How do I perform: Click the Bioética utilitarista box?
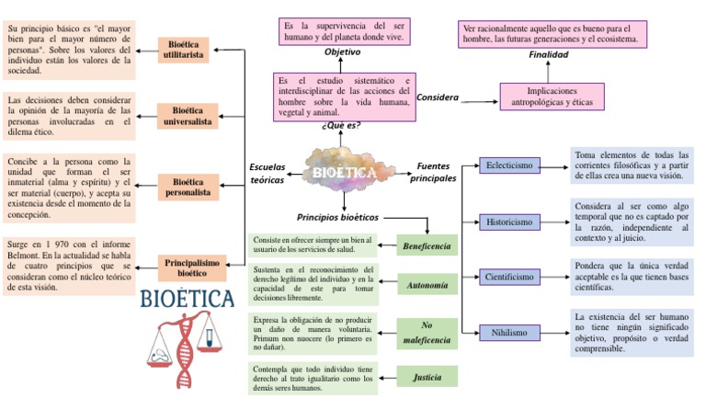pos(184,50)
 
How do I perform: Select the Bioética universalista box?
pos(187,116)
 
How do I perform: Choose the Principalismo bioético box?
pos(191,267)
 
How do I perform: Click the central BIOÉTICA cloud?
pos(344,172)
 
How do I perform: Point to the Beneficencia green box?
pos(427,246)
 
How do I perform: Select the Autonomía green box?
pos(427,286)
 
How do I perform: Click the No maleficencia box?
pos(427,333)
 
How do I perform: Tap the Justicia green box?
pos(427,377)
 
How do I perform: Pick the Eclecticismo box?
pos(508,165)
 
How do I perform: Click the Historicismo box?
pos(508,222)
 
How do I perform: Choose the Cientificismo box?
pos(508,277)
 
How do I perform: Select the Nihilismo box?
pos(508,333)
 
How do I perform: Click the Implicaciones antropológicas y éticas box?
pos(552,97)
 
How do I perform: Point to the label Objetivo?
pos(342,52)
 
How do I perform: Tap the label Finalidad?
pos(548,54)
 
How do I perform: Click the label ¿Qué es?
pos(341,125)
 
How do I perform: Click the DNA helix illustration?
pos(188,347)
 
